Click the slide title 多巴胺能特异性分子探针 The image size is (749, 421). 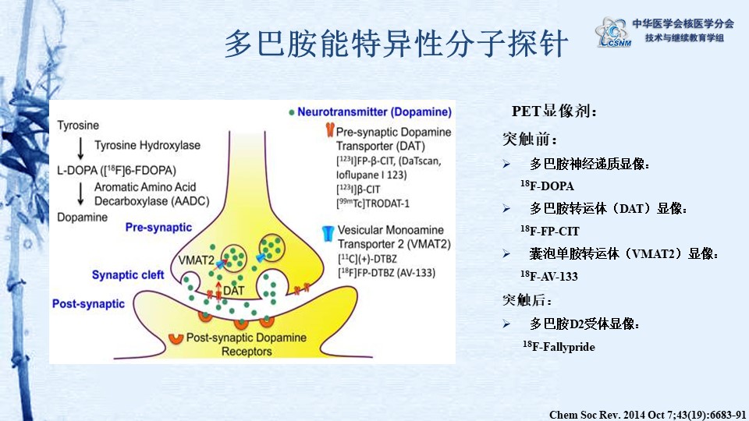(x=396, y=43)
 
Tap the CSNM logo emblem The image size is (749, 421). (x=613, y=32)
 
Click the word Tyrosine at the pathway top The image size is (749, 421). (x=78, y=126)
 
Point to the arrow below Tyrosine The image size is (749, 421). (x=80, y=148)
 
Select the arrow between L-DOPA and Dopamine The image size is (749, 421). (x=80, y=194)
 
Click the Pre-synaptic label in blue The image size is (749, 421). (x=158, y=228)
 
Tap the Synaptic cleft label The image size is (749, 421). (x=128, y=275)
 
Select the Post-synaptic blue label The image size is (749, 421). (x=88, y=304)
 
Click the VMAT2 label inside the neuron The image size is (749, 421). (x=197, y=260)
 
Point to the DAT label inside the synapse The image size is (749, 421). (x=233, y=290)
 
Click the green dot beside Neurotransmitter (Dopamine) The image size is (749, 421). (x=291, y=112)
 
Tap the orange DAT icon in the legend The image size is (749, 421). (x=329, y=130)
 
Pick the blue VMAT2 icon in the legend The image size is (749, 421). (x=328, y=233)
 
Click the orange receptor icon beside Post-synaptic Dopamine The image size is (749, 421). (x=176, y=338)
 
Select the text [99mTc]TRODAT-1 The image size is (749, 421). (x=373, y=203)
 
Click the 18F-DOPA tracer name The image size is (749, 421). (x=548, y=186)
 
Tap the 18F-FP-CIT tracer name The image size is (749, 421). (x=550, y=231)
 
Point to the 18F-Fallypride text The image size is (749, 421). (x=559, y=346)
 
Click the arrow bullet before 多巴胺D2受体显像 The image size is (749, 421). (x=506, y=324)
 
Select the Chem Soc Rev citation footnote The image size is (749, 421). (x=648, y=414)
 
